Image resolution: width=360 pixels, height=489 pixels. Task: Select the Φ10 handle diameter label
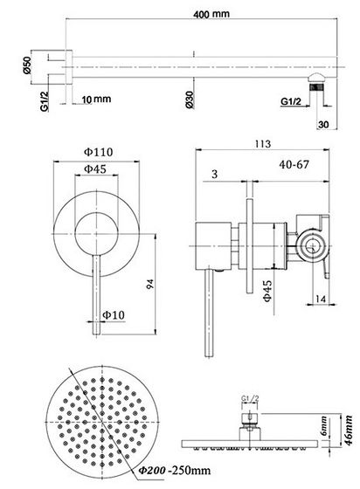pos(113,313)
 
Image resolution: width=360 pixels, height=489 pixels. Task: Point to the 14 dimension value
pos(322,299)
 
